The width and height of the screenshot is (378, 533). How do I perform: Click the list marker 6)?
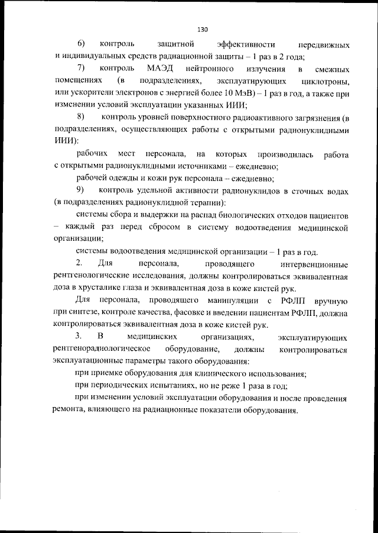point(81,45)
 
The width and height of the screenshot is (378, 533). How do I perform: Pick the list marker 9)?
point(81,190)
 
